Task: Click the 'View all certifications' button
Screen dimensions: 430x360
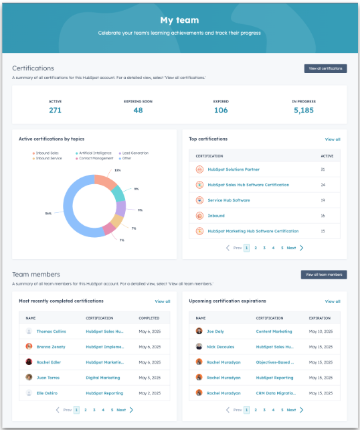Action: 325,68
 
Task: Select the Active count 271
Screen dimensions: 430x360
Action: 55,111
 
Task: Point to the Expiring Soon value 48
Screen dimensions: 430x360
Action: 138,111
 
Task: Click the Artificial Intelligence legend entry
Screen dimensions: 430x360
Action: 93,153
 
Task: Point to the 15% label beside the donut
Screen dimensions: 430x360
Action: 117,170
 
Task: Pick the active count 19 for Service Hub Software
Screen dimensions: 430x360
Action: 323,200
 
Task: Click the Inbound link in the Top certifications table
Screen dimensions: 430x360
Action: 216,216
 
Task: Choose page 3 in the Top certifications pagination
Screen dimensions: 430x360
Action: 264,248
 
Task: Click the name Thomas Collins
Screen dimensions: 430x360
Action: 51,331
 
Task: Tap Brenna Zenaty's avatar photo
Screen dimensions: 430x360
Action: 29,346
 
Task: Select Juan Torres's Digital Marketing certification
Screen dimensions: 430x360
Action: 103,377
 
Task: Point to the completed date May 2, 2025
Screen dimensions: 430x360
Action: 149,392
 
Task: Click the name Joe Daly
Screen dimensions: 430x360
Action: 215,331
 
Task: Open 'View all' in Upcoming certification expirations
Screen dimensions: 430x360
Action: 333,301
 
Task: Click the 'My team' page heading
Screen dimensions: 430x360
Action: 179,20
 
